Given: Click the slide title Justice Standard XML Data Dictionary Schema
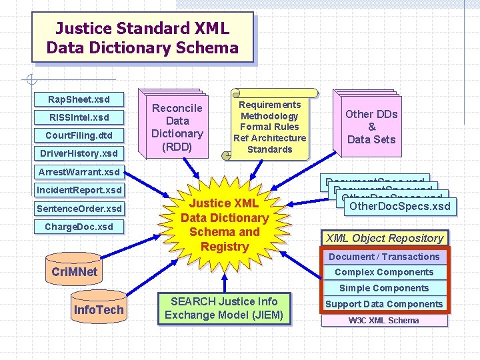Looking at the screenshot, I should pos(142,38).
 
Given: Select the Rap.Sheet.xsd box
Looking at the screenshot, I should pos(79,99).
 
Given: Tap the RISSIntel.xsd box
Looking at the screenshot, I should pos(79,117).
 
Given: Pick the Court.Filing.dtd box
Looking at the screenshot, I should pos(79,135).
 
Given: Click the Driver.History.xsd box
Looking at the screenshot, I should pos(79,153).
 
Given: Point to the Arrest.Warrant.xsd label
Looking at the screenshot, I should pos(79,172).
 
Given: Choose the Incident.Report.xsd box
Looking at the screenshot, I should pos(79,190).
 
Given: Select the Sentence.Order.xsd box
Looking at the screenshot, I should pos(79,209).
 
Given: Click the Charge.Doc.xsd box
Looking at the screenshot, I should pos(79,227).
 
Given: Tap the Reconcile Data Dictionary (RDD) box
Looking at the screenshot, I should pos(177,127).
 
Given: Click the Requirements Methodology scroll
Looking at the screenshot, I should pos(269,127).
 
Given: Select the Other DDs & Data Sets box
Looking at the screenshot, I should pos(371,127).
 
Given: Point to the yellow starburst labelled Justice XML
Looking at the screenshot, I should pos(225,225).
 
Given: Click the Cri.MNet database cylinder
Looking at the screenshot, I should pos(74,271).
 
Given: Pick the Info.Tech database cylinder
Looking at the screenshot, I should pos(98,310).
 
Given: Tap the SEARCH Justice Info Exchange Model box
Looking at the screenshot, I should pos(224,309).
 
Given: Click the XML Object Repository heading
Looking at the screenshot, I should pos(385,238).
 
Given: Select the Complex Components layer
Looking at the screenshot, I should pos(384,272).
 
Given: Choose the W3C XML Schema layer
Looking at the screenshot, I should pos(384,320).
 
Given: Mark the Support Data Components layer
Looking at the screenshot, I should pos(384,304).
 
